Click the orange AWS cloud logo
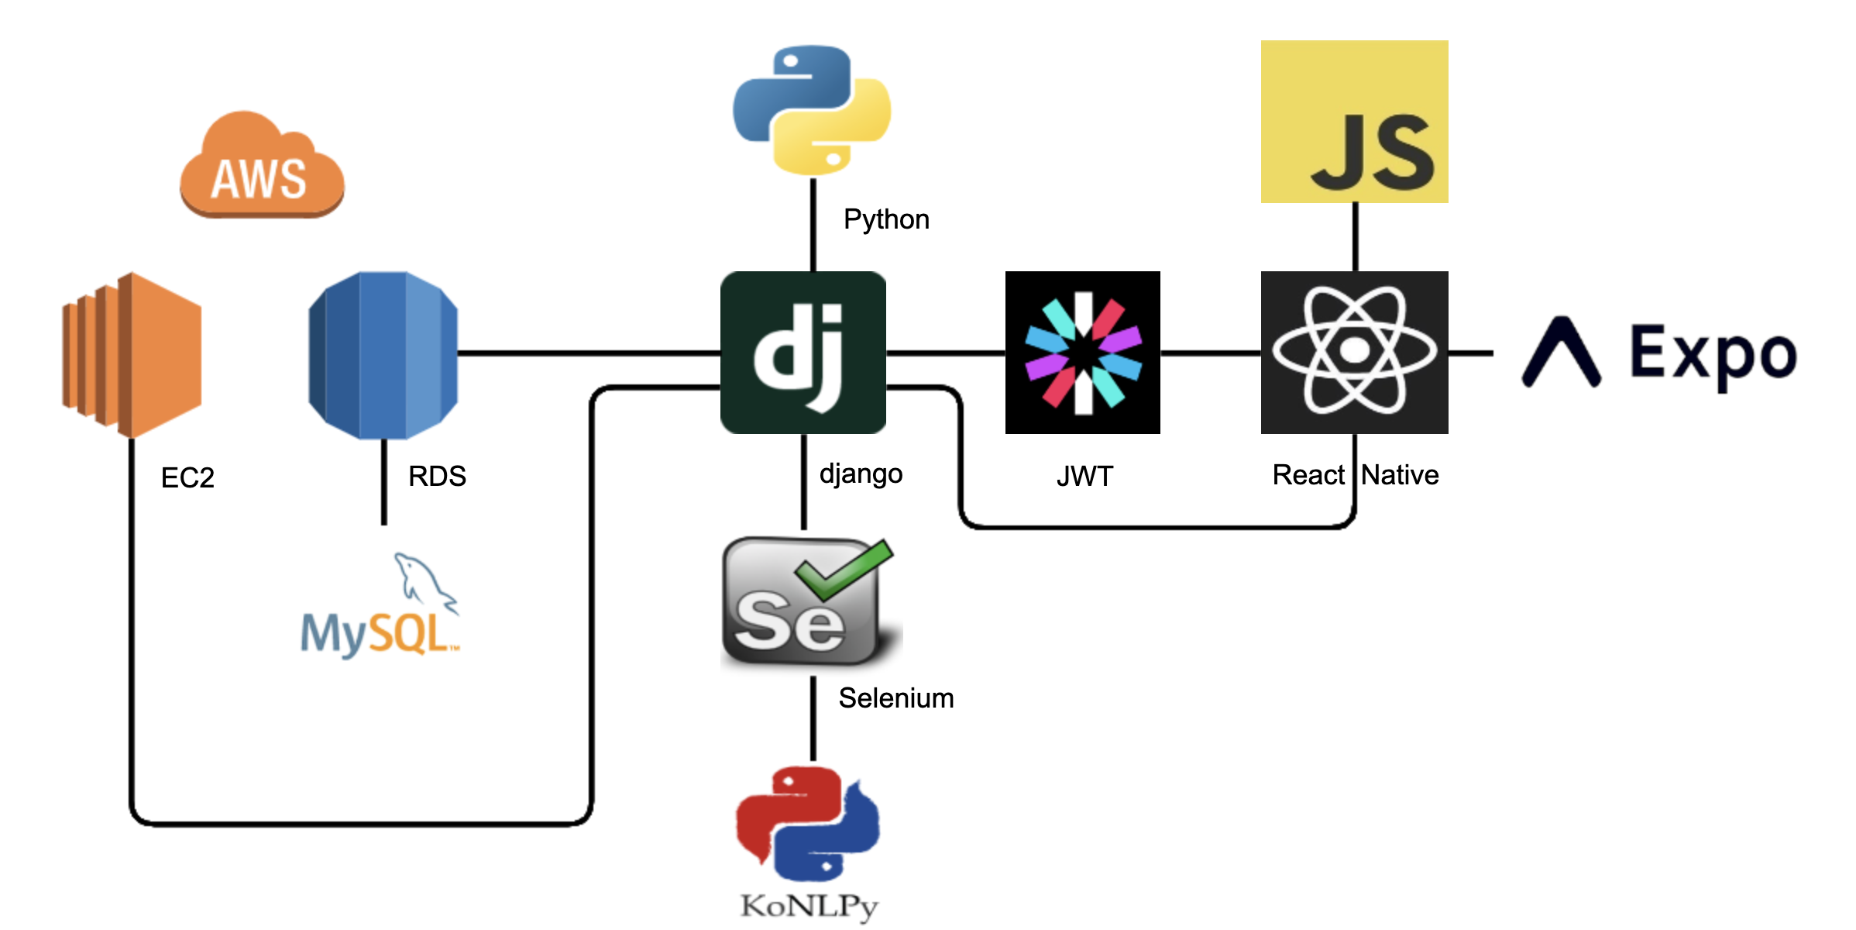(262, 164)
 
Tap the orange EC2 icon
(132, 355)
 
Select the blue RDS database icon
(383, 355)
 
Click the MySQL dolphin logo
(380, 606)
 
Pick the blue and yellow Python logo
(812, 110)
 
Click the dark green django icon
(803, 353)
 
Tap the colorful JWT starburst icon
(1083, 353)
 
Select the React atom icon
(1355, 353)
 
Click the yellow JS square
(1355, 122)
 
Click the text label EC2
(187, 477)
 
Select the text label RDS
(437, 476)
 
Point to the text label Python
(886, 220)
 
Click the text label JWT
(1084, 476)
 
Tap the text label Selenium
(896, 697)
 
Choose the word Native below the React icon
(1401, 474)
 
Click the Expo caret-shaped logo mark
(1562, 351)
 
